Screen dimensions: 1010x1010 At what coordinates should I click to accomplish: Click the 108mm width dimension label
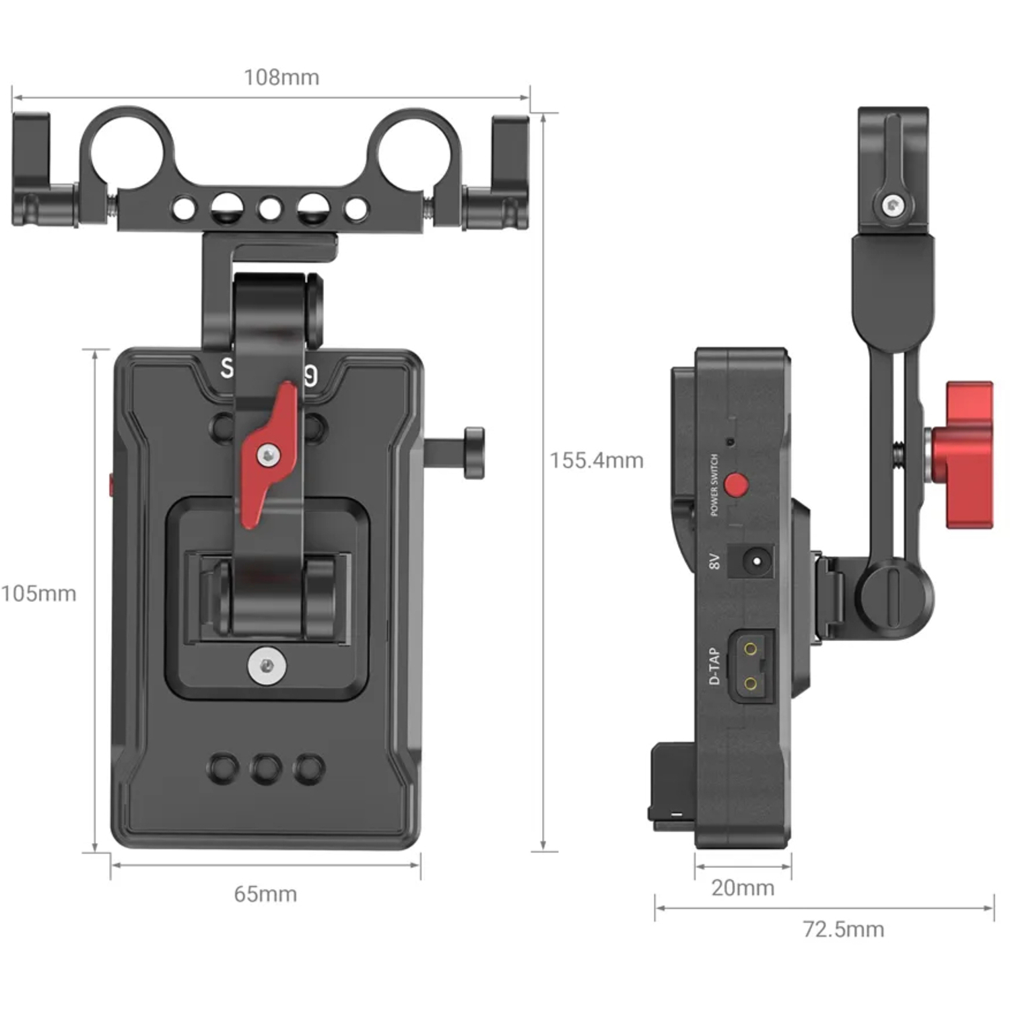[x=281, y=77]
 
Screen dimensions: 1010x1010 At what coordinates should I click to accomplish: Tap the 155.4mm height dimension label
[x=597, y=461]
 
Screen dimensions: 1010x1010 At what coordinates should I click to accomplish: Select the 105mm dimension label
[x=38, y=594]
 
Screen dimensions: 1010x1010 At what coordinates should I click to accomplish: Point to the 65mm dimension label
[x=265, y=894]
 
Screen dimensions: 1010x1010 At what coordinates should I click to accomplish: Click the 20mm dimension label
[x=743, y=888]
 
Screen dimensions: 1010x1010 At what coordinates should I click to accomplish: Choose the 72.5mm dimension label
[x=843, y=930]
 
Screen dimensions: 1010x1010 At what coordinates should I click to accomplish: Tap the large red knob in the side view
[x=968, y=455]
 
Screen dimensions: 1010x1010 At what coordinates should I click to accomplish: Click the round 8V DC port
[x=756, y=561]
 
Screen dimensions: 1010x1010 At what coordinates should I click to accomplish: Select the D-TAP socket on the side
[x=750, y=667]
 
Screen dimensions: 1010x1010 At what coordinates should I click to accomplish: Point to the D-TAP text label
[x=714, y=667]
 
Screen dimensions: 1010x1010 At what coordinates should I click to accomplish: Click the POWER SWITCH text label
[x=714, y=485]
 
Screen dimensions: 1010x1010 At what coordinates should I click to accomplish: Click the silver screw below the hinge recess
[x=267, y=666]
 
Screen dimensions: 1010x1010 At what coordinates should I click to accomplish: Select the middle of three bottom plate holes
[x=266, y=768]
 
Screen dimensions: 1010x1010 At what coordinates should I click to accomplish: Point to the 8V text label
[x=714, y=561]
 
